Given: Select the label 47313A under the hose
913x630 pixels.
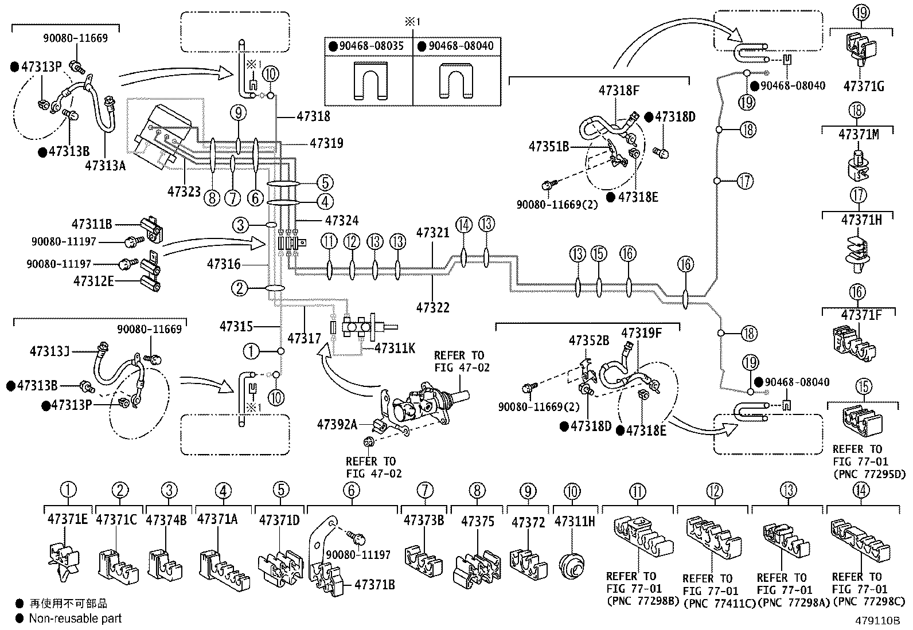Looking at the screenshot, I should (105, 166).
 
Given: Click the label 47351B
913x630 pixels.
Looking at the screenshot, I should (549, 147).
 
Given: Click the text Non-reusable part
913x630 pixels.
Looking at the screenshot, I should (75, 619).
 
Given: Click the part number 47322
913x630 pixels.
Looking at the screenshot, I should (433, 307).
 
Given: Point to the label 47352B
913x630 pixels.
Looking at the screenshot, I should (588, 341).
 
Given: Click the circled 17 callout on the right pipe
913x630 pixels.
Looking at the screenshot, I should (744, 182).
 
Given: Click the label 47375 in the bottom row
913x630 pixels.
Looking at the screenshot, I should (477, 521).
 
